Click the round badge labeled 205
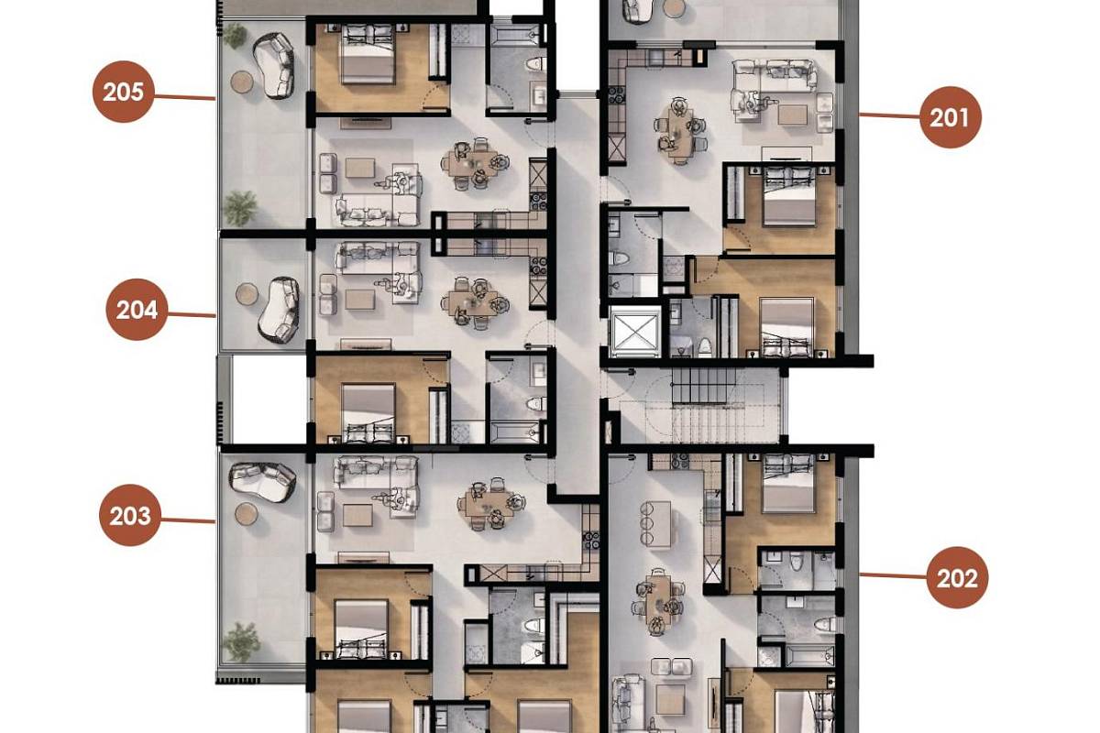click(x=123, y=92)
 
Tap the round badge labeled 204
click(x=137, y=310)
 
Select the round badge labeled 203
click(x=130, y=515)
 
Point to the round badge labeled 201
click(x=951, y=117)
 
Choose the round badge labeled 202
click(x=957, y=578)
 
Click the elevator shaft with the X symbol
click(x=635, y=332)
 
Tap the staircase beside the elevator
click(x=703, y=406)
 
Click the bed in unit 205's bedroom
click(x=368, y=54)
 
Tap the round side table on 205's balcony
click(x=242, y=82)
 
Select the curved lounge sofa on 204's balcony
click(x=279, y=310)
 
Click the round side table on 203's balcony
click(x=247, y=513)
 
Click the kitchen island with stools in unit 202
click(x=655, y=523)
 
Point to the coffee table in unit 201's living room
click(x=793, y=115)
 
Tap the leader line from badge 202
click(x=893, y=576)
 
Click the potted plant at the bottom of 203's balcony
click(x=241, y=640)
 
